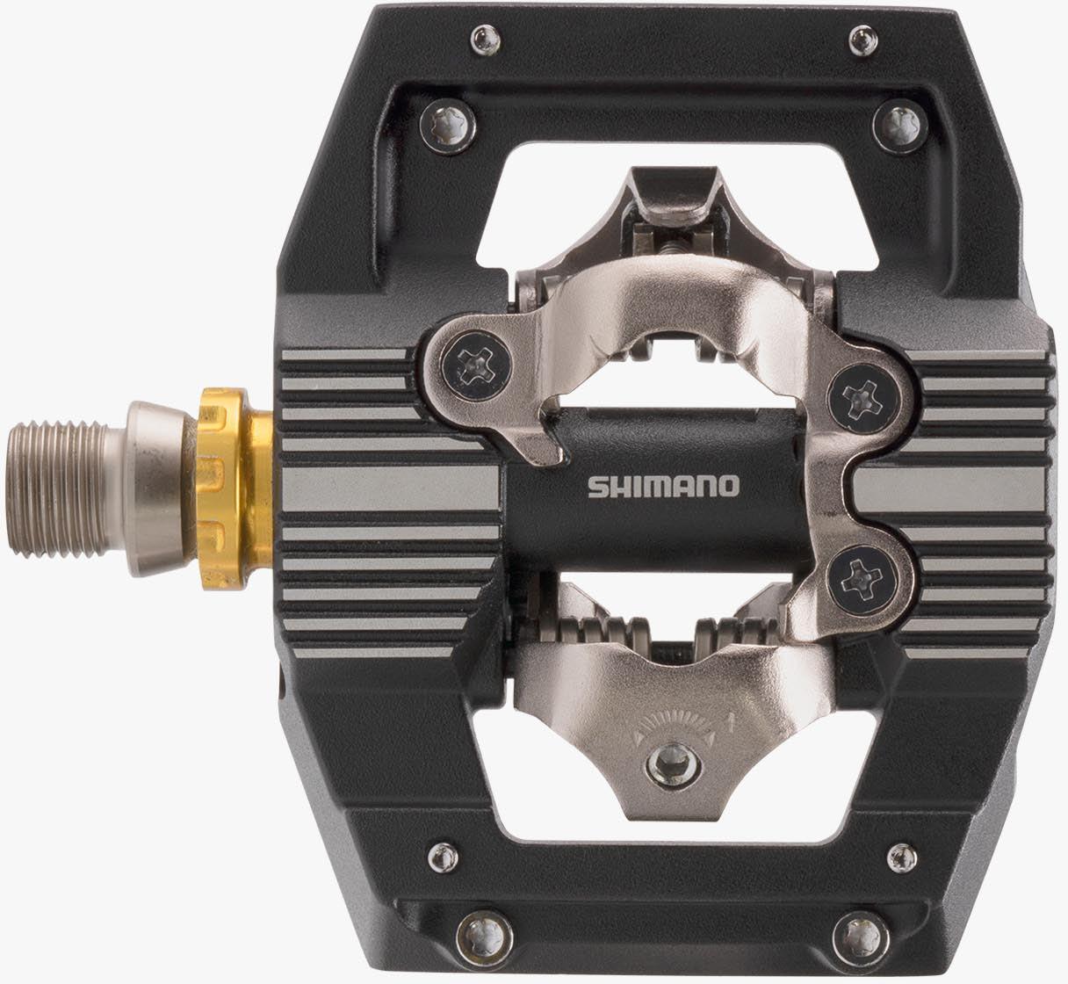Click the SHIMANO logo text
tap(663, 486)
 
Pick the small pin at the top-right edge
tap(859, 38)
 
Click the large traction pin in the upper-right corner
tap(897, 127)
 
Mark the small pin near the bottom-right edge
tap(898, 854)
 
